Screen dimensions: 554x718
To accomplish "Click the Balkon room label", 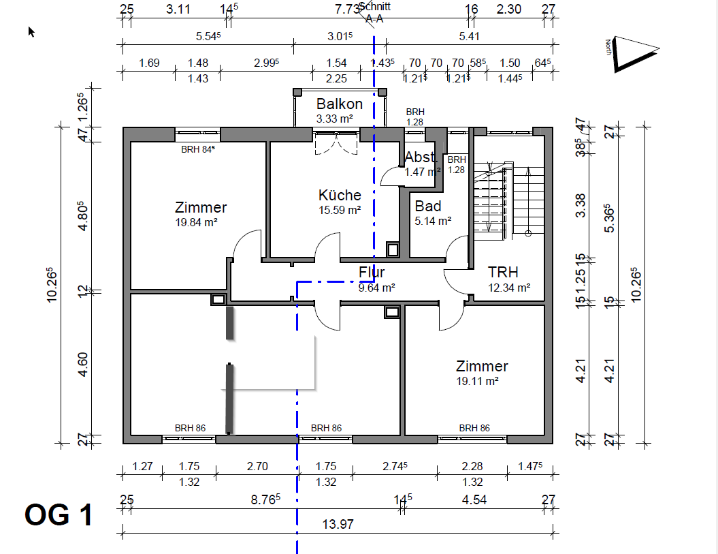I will tap(339, 104).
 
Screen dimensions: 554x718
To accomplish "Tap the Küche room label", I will tap(340, 196).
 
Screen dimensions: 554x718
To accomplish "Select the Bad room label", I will tap(427, 206).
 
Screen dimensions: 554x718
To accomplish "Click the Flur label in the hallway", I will tap(372, 273).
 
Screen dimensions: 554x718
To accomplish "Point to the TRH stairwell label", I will tap(503, 273).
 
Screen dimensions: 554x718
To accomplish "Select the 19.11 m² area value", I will tap(478, 381).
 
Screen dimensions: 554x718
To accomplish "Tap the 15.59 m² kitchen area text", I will tap(340, 211).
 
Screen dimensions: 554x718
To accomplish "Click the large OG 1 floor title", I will tap(59, 515).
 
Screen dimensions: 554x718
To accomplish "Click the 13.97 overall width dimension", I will tap(338, 525).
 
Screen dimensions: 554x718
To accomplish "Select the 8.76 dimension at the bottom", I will tap(265, 499).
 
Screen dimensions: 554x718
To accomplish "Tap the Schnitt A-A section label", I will tap(374, 13).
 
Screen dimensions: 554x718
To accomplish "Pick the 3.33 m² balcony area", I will tap(334, 119).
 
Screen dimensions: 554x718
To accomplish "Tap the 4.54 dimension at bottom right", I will tap(474, 499).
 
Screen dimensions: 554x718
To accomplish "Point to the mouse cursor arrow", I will tap(31, 31).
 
